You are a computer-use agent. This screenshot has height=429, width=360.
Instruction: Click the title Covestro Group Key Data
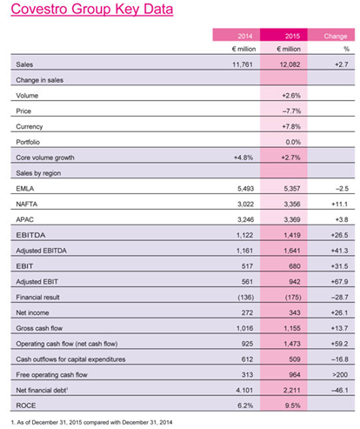click(x=92, y=10)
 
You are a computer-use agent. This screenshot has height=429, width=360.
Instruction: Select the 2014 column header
click(x=245, y=36)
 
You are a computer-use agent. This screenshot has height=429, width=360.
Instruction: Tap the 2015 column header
click(x=292, y=36)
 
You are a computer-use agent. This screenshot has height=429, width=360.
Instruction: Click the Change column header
click(x=336, y=36)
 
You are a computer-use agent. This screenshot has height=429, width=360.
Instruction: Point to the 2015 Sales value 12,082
click(x=290, y=64)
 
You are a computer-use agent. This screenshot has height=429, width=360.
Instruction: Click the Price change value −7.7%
click(x=291, y=111)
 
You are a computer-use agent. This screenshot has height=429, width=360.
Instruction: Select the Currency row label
click(x=30, y=127)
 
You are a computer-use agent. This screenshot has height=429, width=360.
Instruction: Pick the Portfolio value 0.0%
click(x=293, y=142)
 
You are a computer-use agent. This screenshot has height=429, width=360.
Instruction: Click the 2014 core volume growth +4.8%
click(x=243, y=158)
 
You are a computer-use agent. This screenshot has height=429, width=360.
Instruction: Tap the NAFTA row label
click(x=27, y=204)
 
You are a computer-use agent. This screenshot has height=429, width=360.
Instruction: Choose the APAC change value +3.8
click(x=342, y=219)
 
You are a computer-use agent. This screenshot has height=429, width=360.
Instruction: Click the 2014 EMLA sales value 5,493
click(x=245, y=189)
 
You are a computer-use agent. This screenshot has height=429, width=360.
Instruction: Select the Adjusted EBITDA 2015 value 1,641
click(x=292, y=251)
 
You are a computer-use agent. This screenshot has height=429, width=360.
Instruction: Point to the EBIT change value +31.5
click(x=339, y=266)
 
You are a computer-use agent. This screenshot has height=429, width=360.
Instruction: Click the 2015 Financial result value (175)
click(x=293, y=298)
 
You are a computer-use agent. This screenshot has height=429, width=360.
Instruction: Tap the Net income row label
click(x=32, y=312)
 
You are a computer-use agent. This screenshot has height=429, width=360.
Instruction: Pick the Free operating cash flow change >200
click(x=340, y=375)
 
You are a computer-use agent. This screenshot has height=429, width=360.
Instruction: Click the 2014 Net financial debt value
click(x=244, y=391)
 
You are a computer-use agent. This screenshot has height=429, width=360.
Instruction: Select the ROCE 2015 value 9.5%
click(x=293, y=406)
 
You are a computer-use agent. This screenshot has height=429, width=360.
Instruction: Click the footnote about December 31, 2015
click(x=91, y=422)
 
